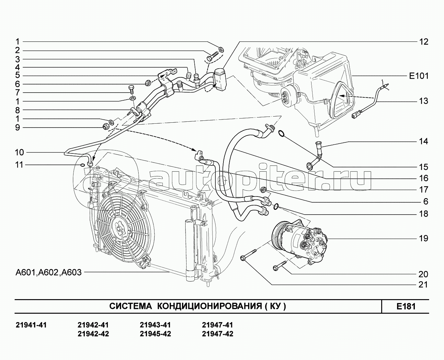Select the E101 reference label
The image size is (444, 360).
pyautogui.click(x=418, y=76)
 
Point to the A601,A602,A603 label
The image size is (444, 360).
pyautogui.click(x=49, y=272)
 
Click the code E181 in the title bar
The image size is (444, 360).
pyautogui.click(x=406, y=306)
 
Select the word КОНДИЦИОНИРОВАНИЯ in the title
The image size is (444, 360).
pyautogui.click(x=209, y=306)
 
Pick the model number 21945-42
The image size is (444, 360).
pyautogui.click(x=155, y=334)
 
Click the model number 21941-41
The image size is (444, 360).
pyautogui.click(x=31, y=325)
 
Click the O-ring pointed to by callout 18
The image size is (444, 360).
pyautogui.click(x=276, y=206)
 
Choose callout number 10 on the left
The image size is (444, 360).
pyautogui.click(x=19, y=152)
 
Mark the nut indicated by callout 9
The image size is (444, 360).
pyautogui.click(x=105, y=126)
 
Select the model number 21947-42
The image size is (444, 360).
pyautogui.click(x=217, y=334)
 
